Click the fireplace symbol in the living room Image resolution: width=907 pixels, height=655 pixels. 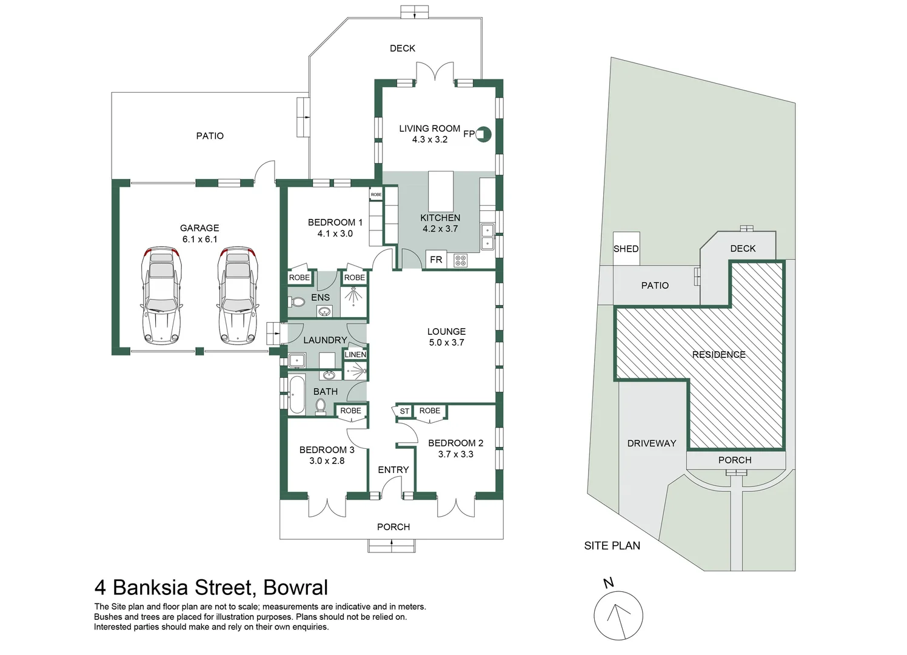(483, 134)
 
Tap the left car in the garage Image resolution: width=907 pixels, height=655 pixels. (161, 296)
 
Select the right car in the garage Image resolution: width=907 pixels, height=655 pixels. (238, 296)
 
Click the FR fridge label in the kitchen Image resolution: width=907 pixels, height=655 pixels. (436, 260)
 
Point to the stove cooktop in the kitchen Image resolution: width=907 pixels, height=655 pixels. (461, 260)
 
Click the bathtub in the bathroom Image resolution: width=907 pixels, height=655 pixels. (297, 395)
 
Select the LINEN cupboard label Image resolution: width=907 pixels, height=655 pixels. (355, 355)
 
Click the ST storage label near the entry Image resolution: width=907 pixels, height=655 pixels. (404, 411)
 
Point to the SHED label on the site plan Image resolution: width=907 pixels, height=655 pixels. (626, 249)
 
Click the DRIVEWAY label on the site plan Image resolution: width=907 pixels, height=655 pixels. (652, 443)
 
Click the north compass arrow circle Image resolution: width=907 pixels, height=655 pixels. (618, 616)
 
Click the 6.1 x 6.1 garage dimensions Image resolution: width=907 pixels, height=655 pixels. (199, 239)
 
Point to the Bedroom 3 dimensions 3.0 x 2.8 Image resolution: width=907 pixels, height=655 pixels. (327, 460)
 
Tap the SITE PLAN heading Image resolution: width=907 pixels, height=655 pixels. (612, 546)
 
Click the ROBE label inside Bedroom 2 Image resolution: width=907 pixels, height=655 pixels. (430, 411)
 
